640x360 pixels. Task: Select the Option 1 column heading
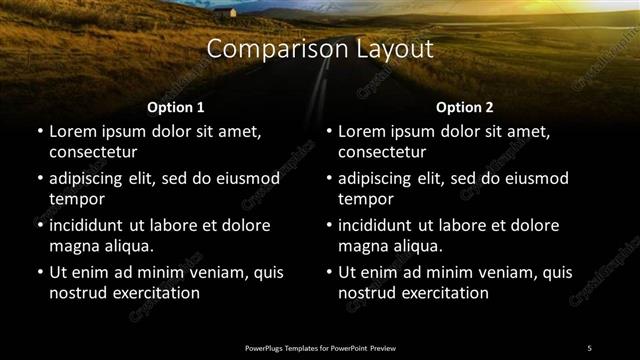tap(175, 107)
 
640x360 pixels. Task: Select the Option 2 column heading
tap(464, 107)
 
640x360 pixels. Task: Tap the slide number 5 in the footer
tap(589, 347)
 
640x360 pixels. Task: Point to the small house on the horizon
tap(234, 13)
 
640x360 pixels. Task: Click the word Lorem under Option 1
tap(74, 131)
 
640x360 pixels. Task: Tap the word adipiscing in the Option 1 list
tap(93, 178)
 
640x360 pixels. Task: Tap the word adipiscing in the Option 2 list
tap(383, 178)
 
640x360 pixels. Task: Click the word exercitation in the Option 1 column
tap(151, 293)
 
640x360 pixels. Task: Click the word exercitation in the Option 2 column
tap(441, 293)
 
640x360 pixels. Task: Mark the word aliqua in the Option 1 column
tap(126, 246)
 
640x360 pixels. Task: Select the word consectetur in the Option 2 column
tap(383, 152)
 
